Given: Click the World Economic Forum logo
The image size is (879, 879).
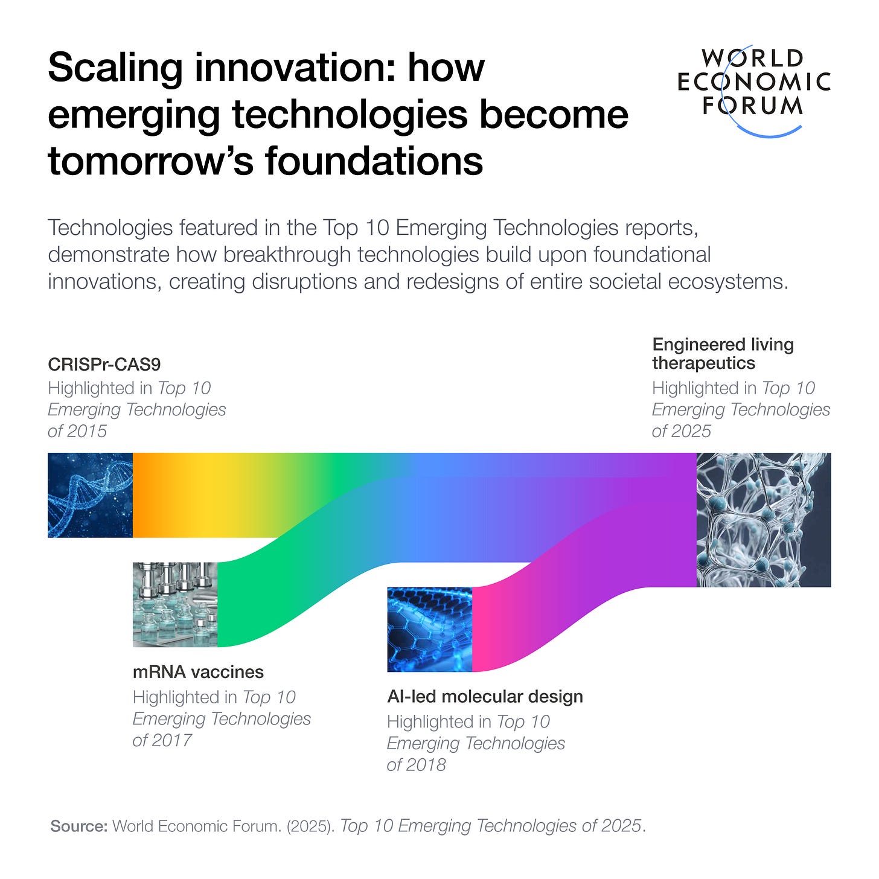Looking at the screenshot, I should [x=753, y=85].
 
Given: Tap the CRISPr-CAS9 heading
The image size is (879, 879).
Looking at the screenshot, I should [x=104, y=365].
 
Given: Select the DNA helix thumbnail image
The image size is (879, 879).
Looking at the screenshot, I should [x=90, y=495].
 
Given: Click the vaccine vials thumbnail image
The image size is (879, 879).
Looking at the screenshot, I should [x=175, y=605].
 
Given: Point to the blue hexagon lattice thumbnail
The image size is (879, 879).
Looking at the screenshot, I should [x=429, y=630].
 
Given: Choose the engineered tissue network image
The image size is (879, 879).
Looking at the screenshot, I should [x=764, y=520].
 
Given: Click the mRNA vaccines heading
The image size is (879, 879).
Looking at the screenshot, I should [x=198, y=672].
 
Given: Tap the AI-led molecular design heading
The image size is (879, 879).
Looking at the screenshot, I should [x=485, y=697].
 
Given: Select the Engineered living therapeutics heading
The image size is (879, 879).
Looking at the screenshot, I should [x=723, y=354].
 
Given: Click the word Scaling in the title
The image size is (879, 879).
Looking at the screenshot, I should [x=115, y=68].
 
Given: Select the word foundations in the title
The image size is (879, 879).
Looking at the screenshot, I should [x=374, y=162].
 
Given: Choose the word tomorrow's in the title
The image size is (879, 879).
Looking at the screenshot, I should [x=151, y=162].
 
